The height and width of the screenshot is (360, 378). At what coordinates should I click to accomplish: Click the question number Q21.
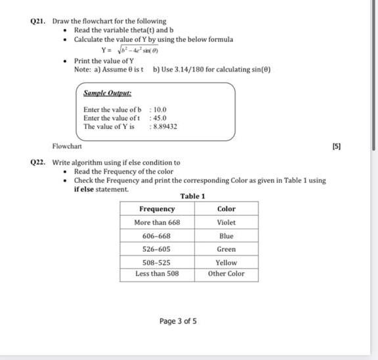coord(41,21)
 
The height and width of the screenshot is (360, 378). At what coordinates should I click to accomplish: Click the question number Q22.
coord(41,162)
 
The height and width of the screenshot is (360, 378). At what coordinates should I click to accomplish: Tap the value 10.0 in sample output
coord(160,110)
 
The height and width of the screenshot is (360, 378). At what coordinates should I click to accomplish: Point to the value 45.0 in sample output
coord(160,118)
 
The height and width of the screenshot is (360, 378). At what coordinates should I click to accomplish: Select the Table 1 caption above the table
coord(192,196)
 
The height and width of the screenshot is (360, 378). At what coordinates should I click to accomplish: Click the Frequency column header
coord(157,209)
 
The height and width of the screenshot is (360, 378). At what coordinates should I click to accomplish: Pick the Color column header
coord(226,209)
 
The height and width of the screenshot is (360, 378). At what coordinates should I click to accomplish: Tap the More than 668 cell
coord(157,222)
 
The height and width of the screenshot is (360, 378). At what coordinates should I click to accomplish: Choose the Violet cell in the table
coord(226,222)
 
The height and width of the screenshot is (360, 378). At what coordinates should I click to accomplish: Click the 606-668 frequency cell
coord(157,235)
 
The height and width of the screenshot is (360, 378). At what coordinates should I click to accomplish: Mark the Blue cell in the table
coord(226,235)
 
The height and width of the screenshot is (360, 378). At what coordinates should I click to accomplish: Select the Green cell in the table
coord(226,249)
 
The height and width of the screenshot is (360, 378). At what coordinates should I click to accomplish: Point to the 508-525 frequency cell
coord(157,262)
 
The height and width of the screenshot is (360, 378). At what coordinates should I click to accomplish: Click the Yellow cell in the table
coord(226,262)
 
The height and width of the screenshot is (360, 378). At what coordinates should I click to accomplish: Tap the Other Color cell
coord(226,273)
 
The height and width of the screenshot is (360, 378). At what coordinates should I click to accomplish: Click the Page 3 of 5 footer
coord(178,321)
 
